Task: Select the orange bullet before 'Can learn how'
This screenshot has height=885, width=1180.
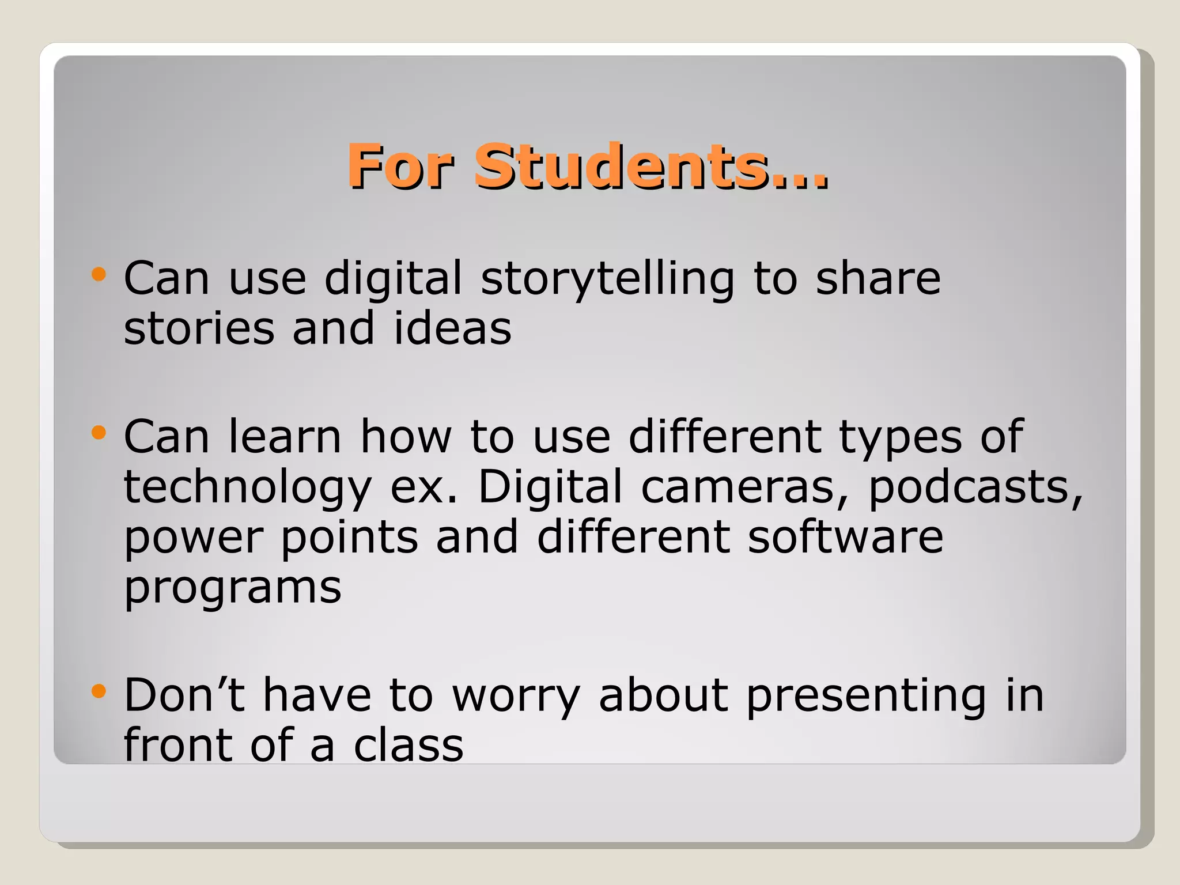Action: tap(99, 432)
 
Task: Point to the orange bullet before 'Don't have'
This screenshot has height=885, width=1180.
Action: tap(99, 691)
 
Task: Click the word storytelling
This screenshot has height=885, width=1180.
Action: tap(607, 280)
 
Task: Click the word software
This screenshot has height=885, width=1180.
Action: tap(845, 537)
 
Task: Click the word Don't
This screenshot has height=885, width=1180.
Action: tap(184, 695)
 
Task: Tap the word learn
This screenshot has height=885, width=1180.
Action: tap(285, 437)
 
